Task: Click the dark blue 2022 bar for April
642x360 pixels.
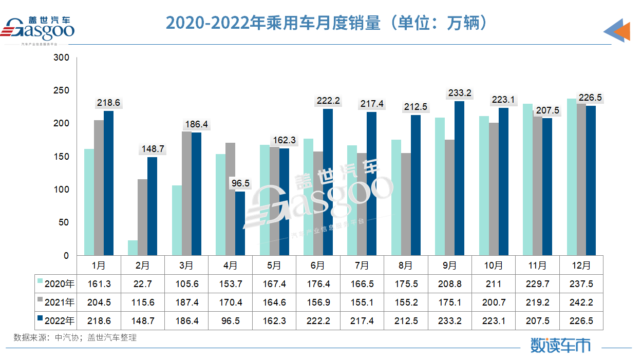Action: pos(240,223)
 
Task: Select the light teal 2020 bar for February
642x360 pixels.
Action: pos(133,248)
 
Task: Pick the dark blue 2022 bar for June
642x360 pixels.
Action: pos(328,182)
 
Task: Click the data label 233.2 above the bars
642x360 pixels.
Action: pos(460,93)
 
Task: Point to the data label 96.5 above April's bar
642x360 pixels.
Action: pos(240,183)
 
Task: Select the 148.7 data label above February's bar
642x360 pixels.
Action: pos(152,149)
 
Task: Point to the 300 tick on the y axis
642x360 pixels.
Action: pos(62,58)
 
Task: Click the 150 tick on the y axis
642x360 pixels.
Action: pos(62,157)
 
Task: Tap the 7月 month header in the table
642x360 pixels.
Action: pos(362,266)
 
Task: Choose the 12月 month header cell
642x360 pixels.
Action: pos(581,266)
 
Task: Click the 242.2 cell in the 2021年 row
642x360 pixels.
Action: pos(581,302)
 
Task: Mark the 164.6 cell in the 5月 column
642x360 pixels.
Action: pos(274,302)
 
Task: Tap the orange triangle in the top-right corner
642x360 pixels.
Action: pos(622,32)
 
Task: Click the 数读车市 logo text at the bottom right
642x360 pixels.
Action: pos(560,345)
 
